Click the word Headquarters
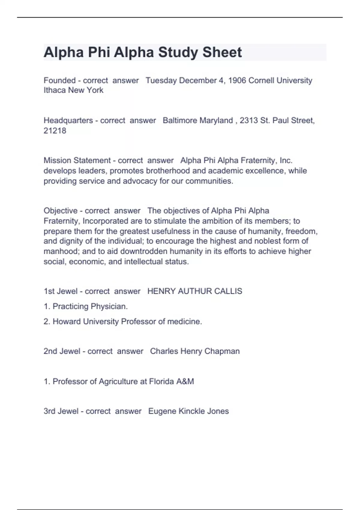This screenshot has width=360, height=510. pos(68,121)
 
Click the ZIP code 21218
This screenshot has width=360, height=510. pos(55,131)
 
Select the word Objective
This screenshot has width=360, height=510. pos(61,211)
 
